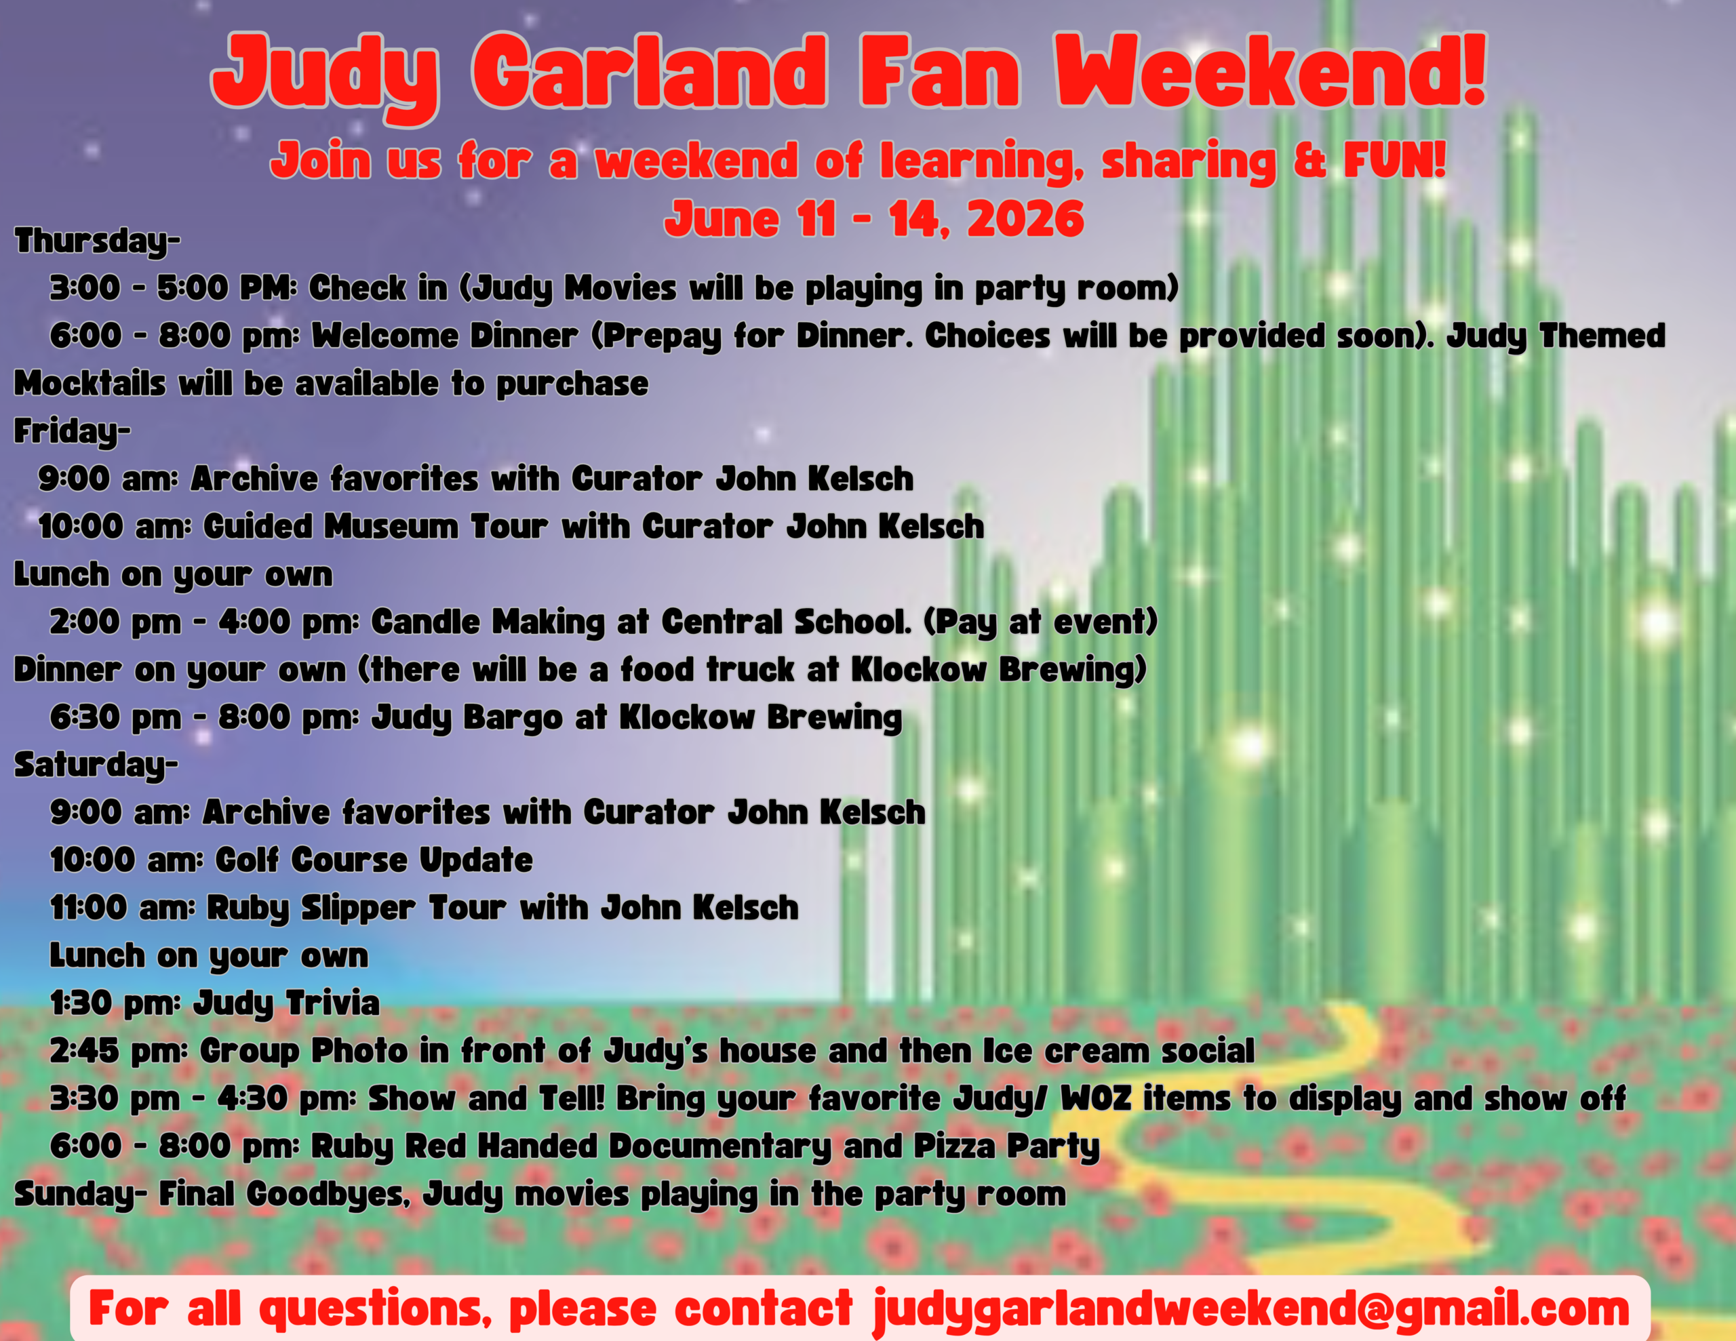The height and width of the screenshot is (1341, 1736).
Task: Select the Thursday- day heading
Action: click(x=97, y=241)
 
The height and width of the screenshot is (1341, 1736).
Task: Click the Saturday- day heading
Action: click(x=96, y=765)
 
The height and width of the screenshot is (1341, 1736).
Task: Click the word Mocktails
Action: click(x=90, y=384)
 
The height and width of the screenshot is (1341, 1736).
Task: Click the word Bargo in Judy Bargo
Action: click(x=513, y=718)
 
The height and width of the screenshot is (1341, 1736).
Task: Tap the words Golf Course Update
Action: click(x=374, y=860)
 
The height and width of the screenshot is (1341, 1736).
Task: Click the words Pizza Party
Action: click(x=1006, y=1146)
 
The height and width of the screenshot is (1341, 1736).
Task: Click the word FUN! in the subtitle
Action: click(x=1394, y=161)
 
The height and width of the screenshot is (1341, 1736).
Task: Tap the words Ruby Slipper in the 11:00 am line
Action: click(x=311, y=908)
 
